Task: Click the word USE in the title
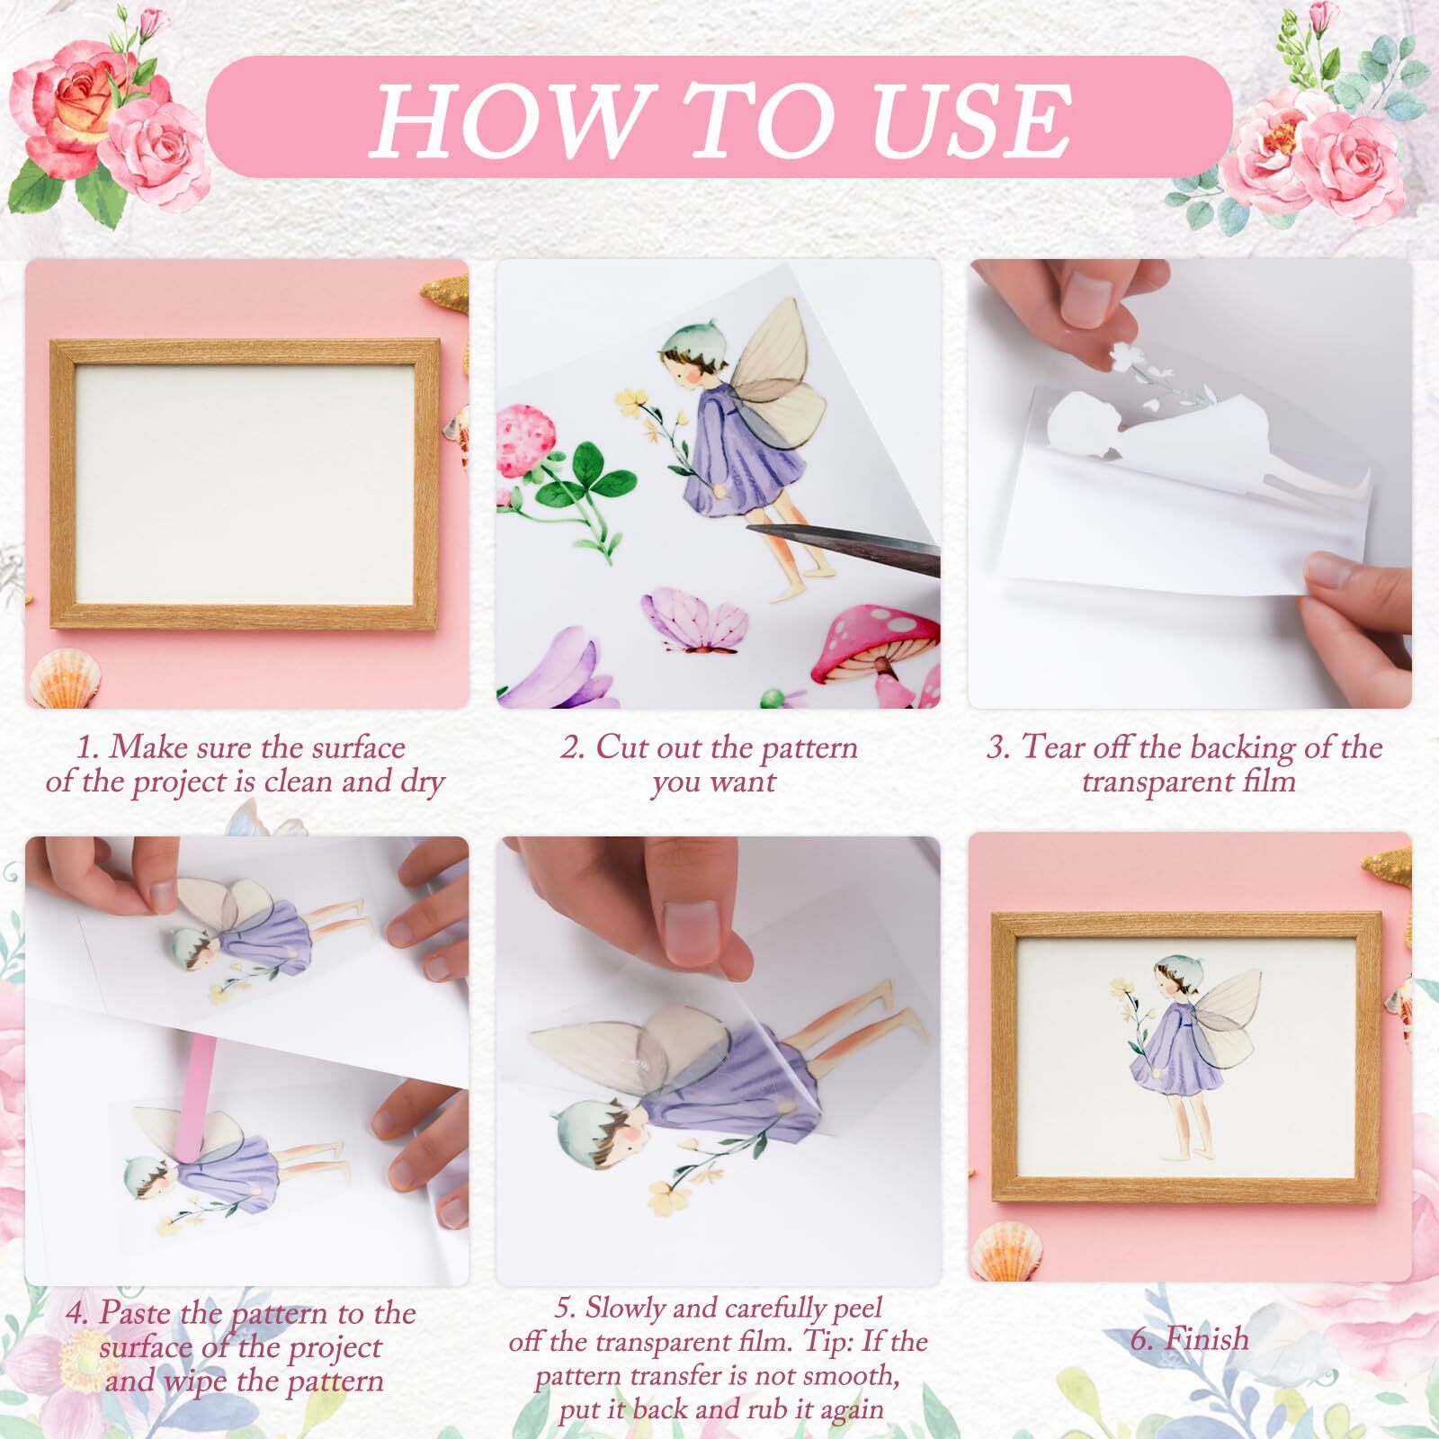tap(970, 121)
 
